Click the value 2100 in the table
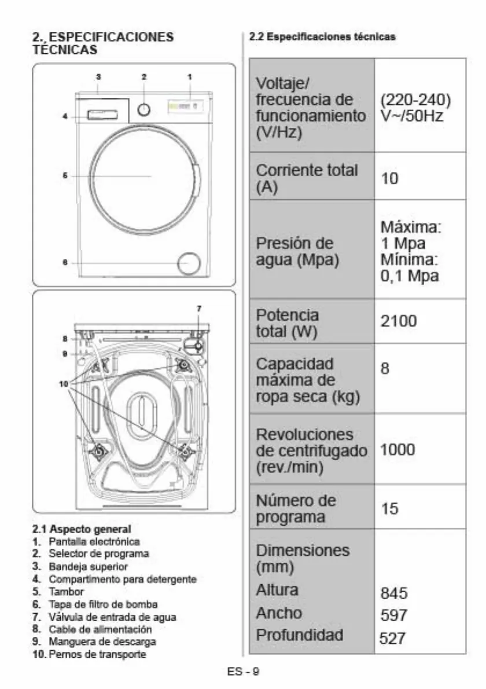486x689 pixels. [x=398, y=321]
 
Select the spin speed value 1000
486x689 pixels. [x=397, y=449]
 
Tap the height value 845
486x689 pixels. [x=394, y=593]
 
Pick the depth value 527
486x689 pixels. [x=392, y=637]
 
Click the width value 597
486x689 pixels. [x=394, y=615]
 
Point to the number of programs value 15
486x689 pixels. [x=389, y=508]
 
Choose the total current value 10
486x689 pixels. [x=389, y=178]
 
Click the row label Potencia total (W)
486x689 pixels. [x=287, y=323]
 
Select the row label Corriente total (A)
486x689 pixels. [x=307, y=178]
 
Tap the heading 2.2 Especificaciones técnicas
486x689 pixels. [x=322, y=36]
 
